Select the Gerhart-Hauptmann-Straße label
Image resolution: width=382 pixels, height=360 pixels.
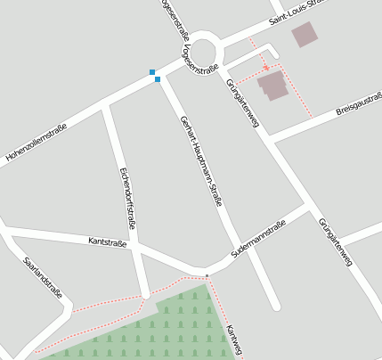(x=200, y=161)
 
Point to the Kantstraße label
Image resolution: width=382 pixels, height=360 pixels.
(x=108, y=241)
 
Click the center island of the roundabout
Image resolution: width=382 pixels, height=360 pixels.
(x=204, y=49)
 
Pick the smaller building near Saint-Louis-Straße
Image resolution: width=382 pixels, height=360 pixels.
(x=305, y=35)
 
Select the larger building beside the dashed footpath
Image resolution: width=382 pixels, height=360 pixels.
(x=272, y=86)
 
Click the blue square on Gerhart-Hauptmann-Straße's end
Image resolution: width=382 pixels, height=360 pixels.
(x=158, y=79)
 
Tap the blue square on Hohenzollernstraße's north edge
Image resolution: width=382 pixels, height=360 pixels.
(x=152, y=71)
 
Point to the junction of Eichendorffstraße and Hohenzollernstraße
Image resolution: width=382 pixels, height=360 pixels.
(x=108, y=104)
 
